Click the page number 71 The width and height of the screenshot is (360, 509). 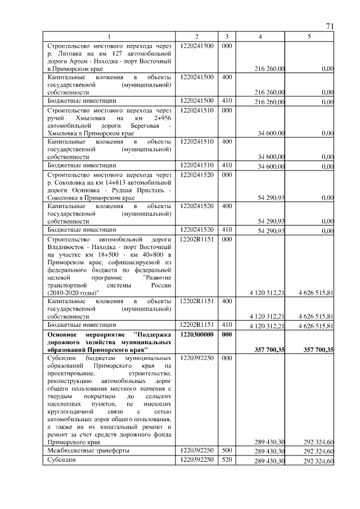tap(330, 26)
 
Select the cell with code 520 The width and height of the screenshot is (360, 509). tap(226, 460)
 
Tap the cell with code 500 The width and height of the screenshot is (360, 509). tap(226, 451)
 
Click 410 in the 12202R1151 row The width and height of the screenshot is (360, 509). tap(226, 325)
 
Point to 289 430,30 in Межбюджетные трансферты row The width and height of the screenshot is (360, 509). tap(269, 452)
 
